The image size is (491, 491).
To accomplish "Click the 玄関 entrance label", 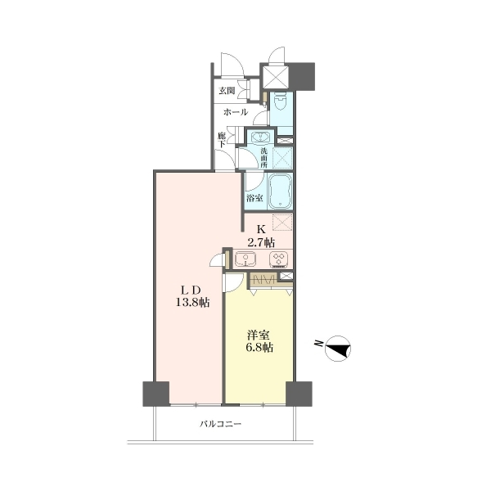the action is point(227,91).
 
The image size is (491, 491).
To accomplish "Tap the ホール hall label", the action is point(236,112).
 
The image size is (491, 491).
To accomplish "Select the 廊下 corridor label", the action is point(222,140).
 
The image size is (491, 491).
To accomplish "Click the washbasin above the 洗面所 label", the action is point(260,137).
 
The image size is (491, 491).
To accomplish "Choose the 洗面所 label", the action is point(264,157).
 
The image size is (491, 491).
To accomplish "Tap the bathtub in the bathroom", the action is point(281,191).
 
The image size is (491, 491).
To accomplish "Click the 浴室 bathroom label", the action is point(255,198).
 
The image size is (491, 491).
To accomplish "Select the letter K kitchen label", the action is point(261,229).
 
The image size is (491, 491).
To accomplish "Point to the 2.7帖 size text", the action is point(262,242).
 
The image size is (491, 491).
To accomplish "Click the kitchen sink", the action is point(245,259).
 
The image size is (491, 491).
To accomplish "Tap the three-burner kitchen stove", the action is point(278,259).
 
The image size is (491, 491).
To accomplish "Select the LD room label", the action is point(192,291).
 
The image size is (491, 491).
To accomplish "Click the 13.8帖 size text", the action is point(192,303).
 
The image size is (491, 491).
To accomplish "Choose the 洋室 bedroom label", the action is point(259,336).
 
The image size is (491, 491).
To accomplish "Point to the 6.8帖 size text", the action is point(259,348).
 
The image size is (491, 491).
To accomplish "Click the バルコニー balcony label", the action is point(221,424).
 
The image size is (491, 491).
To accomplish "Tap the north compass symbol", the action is point(338,349).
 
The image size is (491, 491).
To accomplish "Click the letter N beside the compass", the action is point(319,343).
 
